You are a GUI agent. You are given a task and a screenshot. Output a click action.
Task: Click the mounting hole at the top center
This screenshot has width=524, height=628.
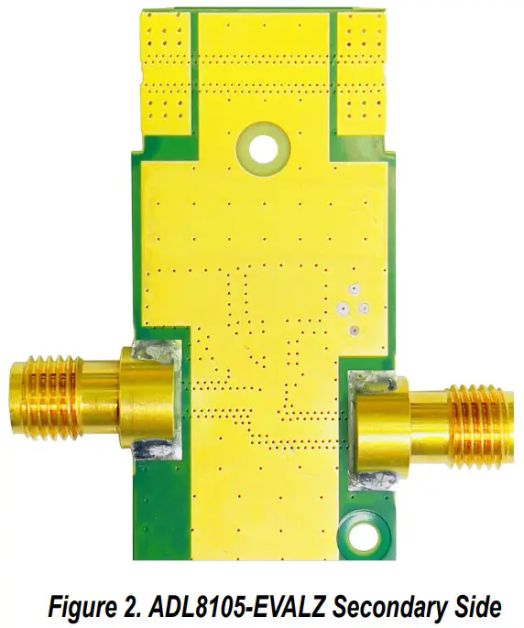coord(264,146)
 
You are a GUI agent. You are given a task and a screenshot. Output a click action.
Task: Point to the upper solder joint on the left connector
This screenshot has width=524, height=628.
coord(153,352)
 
